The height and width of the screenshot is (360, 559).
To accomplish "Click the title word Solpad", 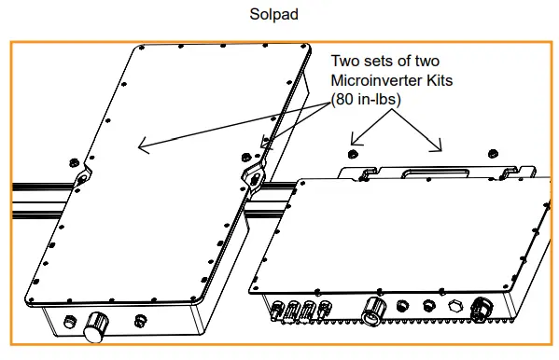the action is click(x=273, y=15).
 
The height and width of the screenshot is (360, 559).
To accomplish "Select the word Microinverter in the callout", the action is click(x=376, y=80).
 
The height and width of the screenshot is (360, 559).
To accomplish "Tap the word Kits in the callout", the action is click(x=440, y=80).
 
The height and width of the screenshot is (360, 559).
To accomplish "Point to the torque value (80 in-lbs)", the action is click(x=366, y=99).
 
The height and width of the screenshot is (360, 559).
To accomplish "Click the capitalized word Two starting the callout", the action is click(x=345, y=61).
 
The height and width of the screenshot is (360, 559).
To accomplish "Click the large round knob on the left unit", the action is click(x=95, y=326).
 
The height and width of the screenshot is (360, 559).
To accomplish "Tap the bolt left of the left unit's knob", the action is click(x=69, y=322).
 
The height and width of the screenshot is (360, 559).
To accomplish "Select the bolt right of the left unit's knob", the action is click(x=140, y=321).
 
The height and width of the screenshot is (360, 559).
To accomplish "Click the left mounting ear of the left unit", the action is click(x=83, y=176).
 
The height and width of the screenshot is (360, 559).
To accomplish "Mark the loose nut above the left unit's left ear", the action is click(x=74, y=162).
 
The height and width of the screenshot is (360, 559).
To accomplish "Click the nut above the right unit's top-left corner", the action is click(x=352, y=154).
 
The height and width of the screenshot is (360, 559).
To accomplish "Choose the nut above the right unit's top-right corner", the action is click(x=493, y=154).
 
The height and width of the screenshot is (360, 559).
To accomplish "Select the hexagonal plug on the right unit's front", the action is click(x=455, y=307).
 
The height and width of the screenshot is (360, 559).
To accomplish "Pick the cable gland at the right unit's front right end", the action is click(x=482, y=309).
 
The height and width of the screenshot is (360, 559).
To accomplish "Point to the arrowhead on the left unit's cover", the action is click(x=144, y=145).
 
